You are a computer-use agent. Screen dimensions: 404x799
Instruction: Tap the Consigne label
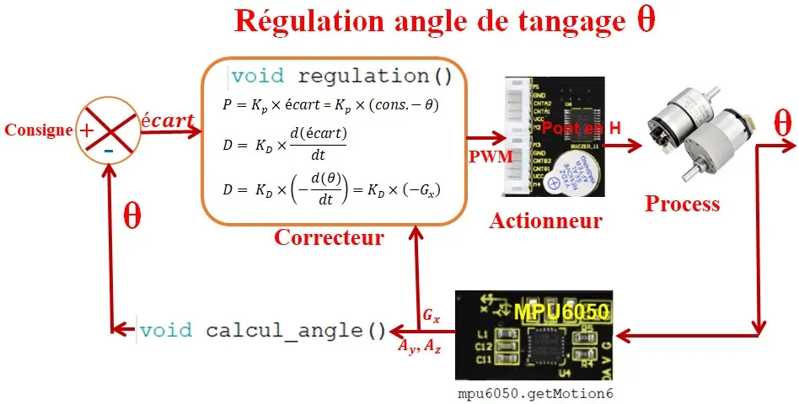point(38,130)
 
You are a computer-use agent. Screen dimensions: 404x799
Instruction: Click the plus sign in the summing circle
point(86,130)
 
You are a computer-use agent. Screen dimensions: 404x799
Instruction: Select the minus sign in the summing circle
point(109,150)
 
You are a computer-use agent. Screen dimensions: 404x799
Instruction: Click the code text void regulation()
point(341,77)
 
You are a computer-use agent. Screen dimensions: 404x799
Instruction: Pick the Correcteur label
point(328,237)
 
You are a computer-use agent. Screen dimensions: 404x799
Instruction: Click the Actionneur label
point(545,221)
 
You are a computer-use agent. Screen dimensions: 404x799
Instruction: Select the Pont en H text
point(582,127)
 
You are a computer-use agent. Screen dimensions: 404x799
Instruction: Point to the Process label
point(683,204)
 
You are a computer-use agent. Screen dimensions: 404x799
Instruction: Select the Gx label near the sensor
point(431,316)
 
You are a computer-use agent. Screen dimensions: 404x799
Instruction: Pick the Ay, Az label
point(419,347)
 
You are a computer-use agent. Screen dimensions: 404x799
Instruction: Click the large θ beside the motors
point(782,125)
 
